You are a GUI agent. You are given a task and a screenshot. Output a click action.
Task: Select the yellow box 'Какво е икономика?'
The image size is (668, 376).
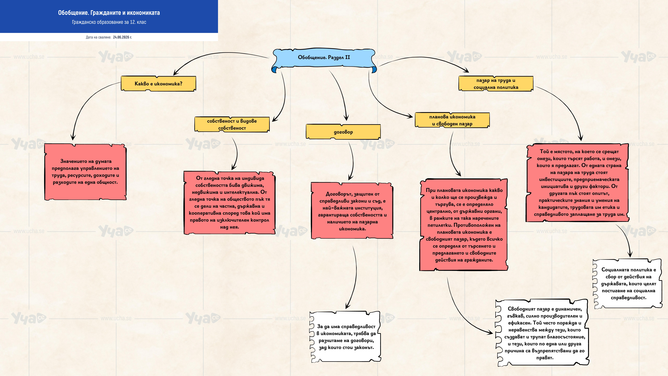(158, 84)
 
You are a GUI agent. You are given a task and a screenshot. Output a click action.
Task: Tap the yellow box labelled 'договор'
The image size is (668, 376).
(343, 132)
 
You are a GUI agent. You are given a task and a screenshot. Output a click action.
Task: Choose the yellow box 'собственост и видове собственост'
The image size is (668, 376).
(232, 124)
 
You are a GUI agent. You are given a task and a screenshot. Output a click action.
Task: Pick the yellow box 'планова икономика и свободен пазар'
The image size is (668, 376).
(452, 120)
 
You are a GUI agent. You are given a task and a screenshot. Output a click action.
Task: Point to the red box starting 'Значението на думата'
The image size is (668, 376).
(85, 172)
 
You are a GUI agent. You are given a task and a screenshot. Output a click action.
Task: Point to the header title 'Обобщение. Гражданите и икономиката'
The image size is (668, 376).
(109, 13)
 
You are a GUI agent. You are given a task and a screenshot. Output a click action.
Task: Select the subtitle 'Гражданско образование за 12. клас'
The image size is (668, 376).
(109, 22)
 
